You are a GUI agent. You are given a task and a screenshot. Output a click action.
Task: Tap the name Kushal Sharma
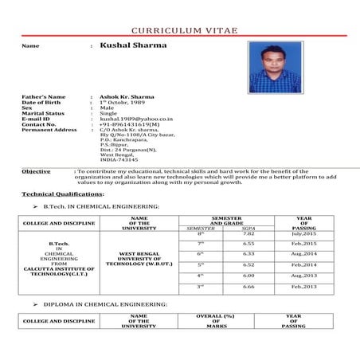click(x=134, y=45)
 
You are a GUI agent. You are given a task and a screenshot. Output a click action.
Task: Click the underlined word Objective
click(x=36, y=171)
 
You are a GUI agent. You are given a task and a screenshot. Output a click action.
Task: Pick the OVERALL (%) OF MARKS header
click(x=217, y=320)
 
